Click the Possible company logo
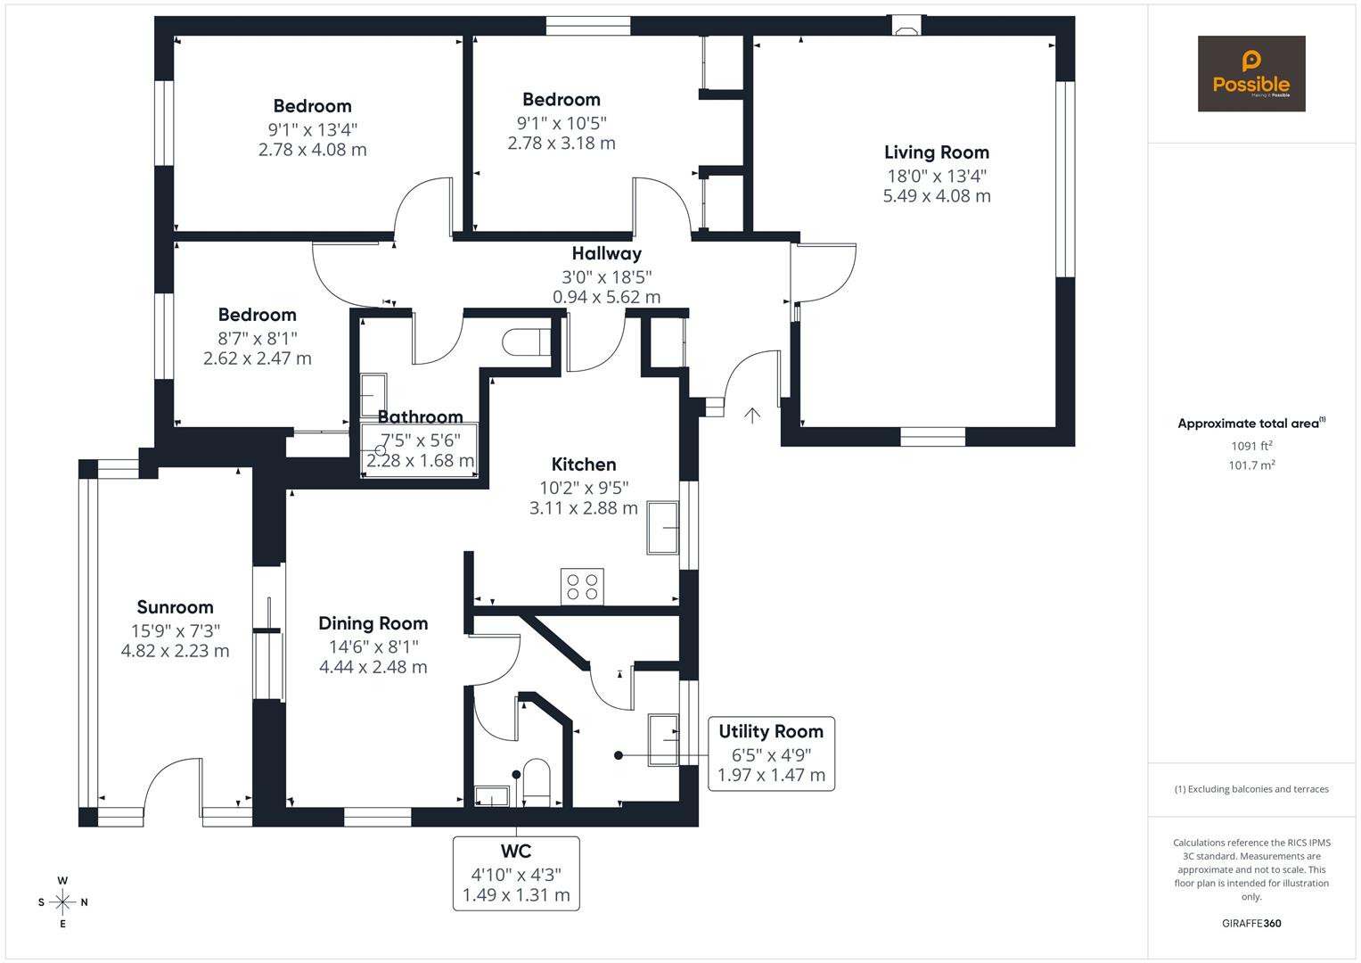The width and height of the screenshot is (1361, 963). [x=1250, y=73]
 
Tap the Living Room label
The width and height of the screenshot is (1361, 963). [x=936, y=152]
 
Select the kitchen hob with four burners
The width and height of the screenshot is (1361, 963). [x=582, y=587]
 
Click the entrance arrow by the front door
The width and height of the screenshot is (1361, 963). [x=752, y=415]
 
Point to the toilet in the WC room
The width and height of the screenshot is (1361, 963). [x=537, y=778]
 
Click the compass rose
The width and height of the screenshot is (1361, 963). [x=62, y=901]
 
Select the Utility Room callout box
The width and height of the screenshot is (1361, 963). [x=771, y=753]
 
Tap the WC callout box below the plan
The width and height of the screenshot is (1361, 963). [x=516, y=873]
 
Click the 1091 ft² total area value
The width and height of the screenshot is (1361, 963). [x=1251, y=446]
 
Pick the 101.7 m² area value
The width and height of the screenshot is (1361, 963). [x=1251, y=465]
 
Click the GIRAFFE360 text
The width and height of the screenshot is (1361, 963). [x=1251, y=923]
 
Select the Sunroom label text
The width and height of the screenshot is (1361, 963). [x=175, y=607]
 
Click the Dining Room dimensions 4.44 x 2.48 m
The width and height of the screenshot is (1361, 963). [x=373, y=667]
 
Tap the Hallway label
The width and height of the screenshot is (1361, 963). [x=606, y=254]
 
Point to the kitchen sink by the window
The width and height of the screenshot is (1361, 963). [x=663, y=528]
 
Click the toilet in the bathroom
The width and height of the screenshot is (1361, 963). [x=526, y=342]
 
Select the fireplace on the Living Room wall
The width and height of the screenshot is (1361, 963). [x=906, y=27]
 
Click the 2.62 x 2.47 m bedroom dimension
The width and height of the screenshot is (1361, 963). [x=257, y=358]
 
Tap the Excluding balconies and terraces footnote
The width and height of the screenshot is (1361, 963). [x=1251, y=789]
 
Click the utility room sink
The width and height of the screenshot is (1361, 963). [x=662, y=739]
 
